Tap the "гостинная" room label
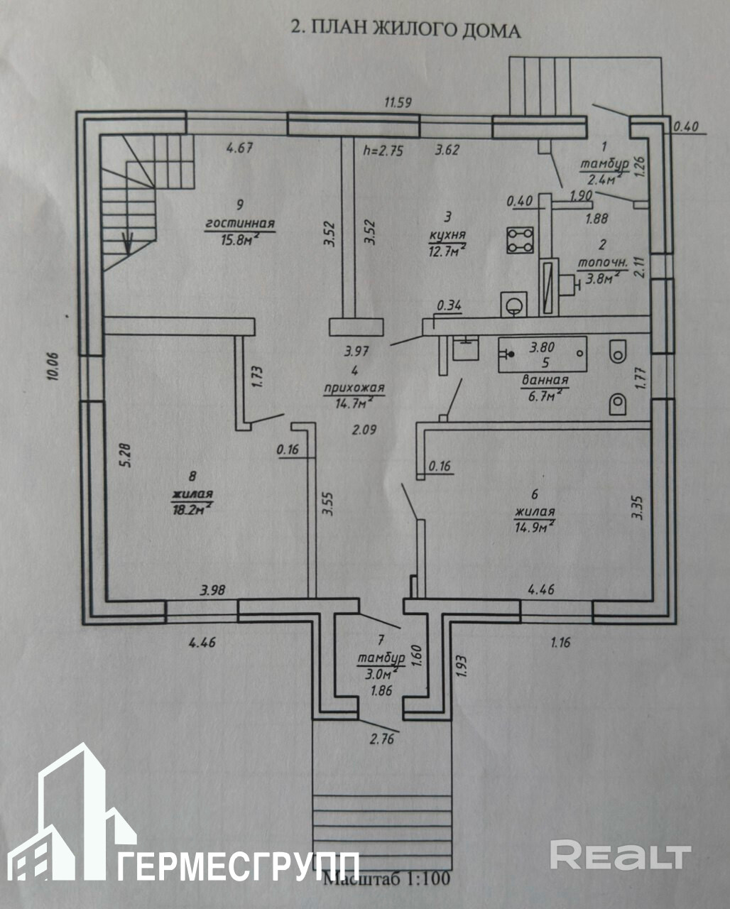click(240, 224)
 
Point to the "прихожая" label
click(354, 388)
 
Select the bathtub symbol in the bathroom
click(542, 351)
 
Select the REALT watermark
click(620, 855)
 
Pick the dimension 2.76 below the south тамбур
click(381, 739)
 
